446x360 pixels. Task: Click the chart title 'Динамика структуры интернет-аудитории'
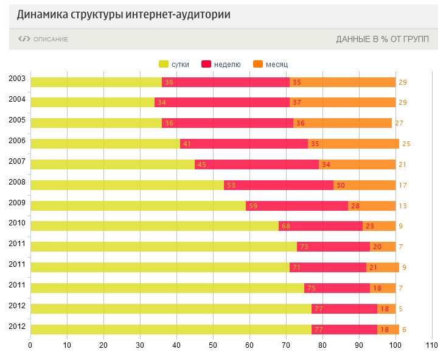(124, 14)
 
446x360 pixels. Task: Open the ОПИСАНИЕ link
(44, 40)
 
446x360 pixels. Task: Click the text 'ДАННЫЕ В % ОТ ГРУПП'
(382, 40)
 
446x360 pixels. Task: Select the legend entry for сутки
(174, 64)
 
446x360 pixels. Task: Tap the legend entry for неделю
(221, 64)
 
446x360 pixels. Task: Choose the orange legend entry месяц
(270, 64)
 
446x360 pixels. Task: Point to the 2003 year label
(17, 79)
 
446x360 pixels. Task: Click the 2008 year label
(17, 182)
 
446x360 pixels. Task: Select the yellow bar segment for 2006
(105, 144)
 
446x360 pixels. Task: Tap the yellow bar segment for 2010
(154, 226)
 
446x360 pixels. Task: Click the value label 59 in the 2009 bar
(253, 206)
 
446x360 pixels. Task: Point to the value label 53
(231, 185)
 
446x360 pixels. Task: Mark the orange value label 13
(402, 206)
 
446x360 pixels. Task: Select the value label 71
(297, 267)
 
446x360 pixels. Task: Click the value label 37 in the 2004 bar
(297, 102)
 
